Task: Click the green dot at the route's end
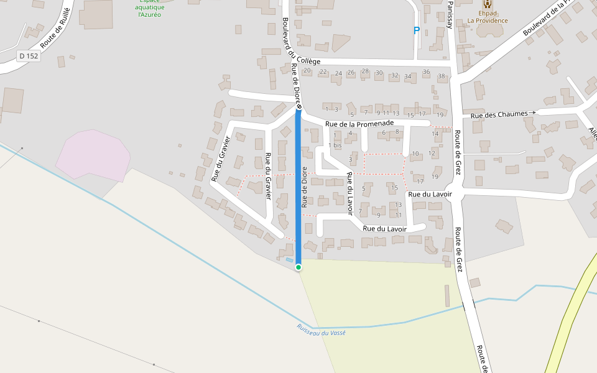(x=298, y=267)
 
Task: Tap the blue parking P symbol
(x=417, y=30)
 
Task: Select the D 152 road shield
(x=29, y=56)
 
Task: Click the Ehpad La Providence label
(x=488, y=17)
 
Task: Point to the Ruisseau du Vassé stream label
(x=321, y=330)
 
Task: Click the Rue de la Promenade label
(x=360, y=124)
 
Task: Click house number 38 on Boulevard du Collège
(x=442, y=76)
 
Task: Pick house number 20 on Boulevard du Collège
(x=307, y=71)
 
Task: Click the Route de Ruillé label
(x=55, y=29)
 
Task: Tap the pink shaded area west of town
(x=93, y=154)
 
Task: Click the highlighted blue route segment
(x=298, y=186)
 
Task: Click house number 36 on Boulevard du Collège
(x=426, y=72)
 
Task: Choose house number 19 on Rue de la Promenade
(x=439, y=115)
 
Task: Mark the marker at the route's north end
(x=298, y=108)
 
